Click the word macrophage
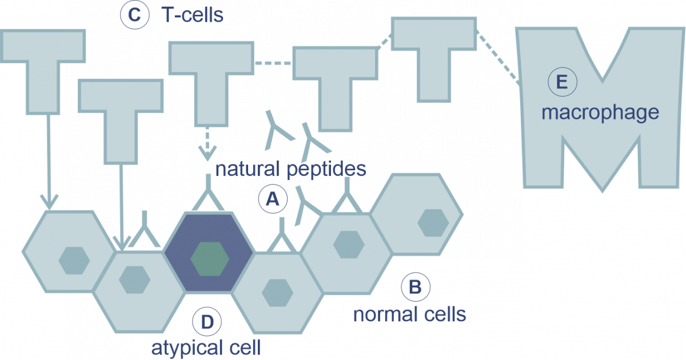600,113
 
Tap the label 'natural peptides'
290,169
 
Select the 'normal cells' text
409,314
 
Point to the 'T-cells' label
192,15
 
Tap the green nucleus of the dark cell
210,258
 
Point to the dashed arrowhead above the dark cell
208,153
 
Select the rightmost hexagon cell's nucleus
433,223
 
